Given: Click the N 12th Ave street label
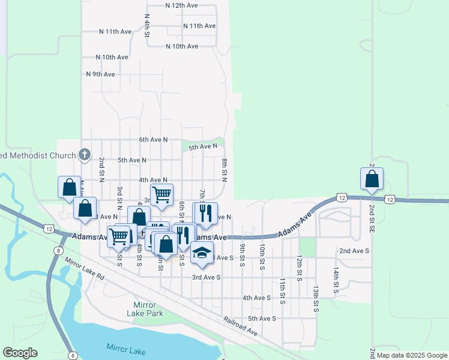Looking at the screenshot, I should [181, 5].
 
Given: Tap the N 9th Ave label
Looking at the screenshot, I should [100, 74].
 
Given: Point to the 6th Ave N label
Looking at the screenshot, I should [153, 140].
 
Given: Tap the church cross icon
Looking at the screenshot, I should [85, 154].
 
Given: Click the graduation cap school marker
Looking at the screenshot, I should [202, 253].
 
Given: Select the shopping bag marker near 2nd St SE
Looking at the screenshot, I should [372, 179].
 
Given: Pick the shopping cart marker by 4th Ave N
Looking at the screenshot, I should [161, 194].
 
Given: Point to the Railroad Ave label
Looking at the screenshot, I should [241, 327].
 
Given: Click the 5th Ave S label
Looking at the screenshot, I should [262, 319].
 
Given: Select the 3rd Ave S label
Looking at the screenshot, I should [206, 277].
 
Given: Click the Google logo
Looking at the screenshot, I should [20, 353].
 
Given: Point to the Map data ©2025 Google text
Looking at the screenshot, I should [412, 355].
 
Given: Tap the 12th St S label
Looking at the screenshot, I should [299, 267].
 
